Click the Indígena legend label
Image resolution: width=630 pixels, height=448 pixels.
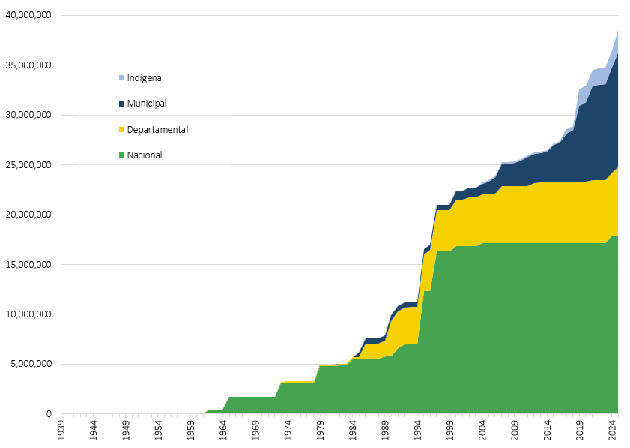coord(144,77)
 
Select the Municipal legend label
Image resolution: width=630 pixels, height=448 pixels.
coord(147,103)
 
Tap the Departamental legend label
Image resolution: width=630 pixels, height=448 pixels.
coord(157,129)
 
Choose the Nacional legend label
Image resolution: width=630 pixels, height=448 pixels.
coord(145,155)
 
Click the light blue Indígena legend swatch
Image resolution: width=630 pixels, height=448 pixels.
coord(121,77)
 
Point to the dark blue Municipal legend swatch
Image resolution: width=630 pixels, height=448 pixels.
coord(121,103)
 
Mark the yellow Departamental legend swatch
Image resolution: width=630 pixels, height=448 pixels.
coord(121,129)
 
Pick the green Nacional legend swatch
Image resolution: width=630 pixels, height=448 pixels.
coord(121,155)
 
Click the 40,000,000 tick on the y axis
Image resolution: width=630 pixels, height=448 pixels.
coord(27,15)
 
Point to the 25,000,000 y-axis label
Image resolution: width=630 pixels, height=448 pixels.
coord(27,164)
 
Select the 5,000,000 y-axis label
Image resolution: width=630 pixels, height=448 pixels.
coord(29,364)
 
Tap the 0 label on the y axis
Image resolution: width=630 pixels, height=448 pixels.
coord(49,414)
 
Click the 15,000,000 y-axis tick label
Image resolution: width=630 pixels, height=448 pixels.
coord(27,264)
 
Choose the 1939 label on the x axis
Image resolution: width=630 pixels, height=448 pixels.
coord(61,432)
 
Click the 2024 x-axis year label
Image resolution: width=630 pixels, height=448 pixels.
coord(613,432)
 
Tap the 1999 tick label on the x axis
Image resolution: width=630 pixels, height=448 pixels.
coord(450,432)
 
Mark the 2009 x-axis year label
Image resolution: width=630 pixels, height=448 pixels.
coord(515,432)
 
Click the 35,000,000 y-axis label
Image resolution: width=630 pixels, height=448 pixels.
coord(27,65)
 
